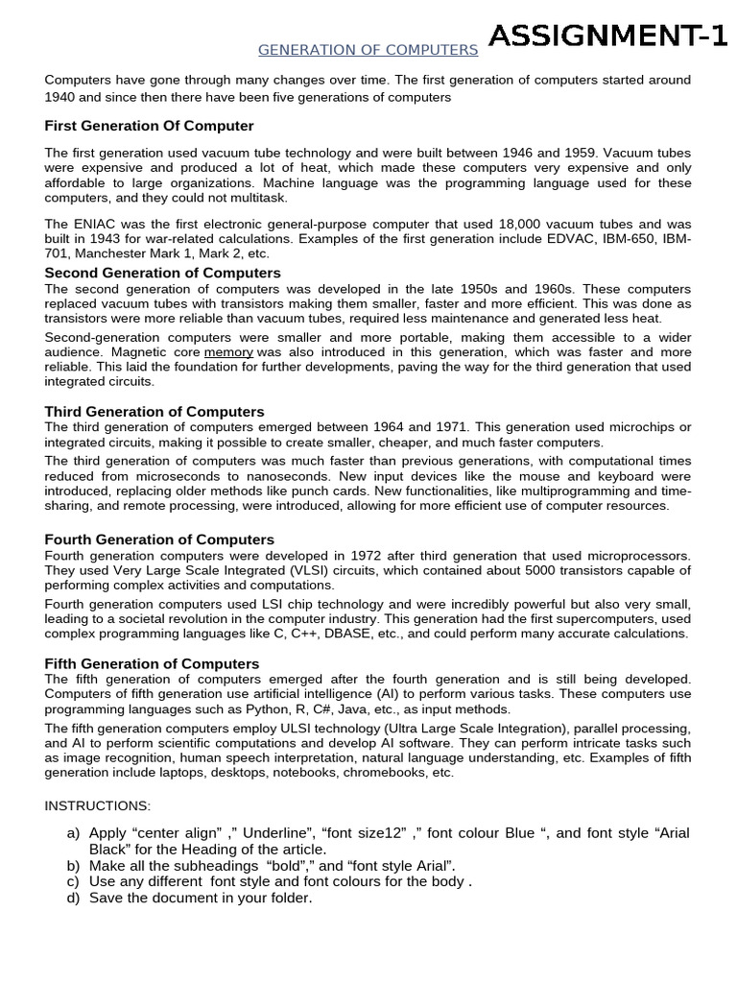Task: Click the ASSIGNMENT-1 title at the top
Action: (607, 37)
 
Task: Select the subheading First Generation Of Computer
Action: (150, 126)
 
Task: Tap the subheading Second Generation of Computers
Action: (163, 273)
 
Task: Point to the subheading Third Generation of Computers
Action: (155, 412)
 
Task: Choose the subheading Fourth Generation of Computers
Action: (159, 539)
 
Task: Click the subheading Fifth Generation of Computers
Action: (153, 663)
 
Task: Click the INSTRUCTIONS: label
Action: (98, 805)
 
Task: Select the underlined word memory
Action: (228, 352)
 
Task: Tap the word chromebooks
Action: (382, 772)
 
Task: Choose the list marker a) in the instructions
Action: (74, 833)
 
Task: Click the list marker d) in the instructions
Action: (74, 898)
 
